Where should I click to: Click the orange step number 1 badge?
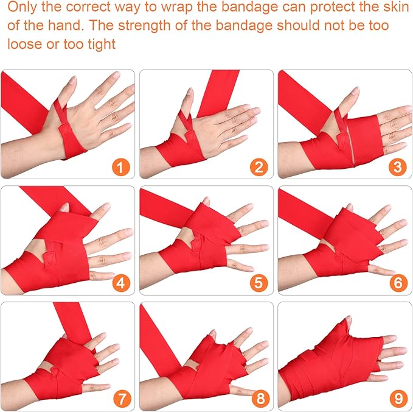(x=122, y=165)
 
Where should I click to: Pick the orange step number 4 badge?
(x=122, y=282)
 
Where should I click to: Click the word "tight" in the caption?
(x=100, y=45)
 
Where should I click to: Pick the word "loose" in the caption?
(x=23, y=45)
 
